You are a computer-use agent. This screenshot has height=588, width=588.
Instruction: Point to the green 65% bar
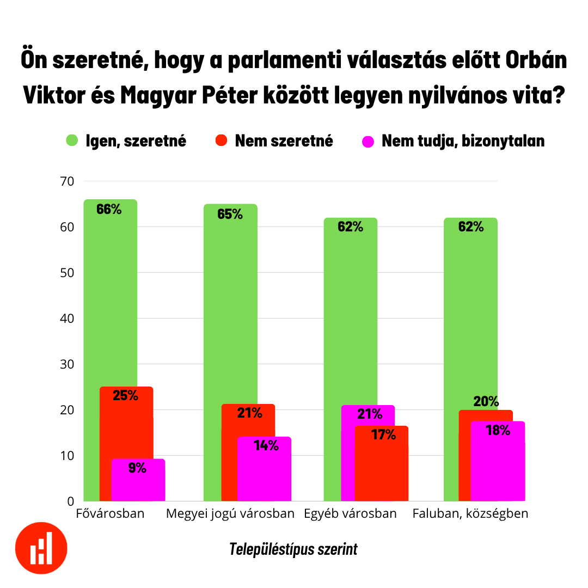pos(230,305)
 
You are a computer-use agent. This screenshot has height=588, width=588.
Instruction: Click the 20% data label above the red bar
pos(486,402)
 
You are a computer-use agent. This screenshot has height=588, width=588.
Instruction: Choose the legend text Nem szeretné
pos(284,141)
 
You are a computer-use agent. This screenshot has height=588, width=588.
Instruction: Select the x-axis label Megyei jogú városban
pos(230,513)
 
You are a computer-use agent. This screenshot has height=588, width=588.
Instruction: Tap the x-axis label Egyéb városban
pos(350,513)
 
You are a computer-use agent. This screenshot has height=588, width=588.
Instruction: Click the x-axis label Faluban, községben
pos(470,513)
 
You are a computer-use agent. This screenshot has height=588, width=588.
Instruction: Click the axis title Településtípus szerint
pos(293,549)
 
